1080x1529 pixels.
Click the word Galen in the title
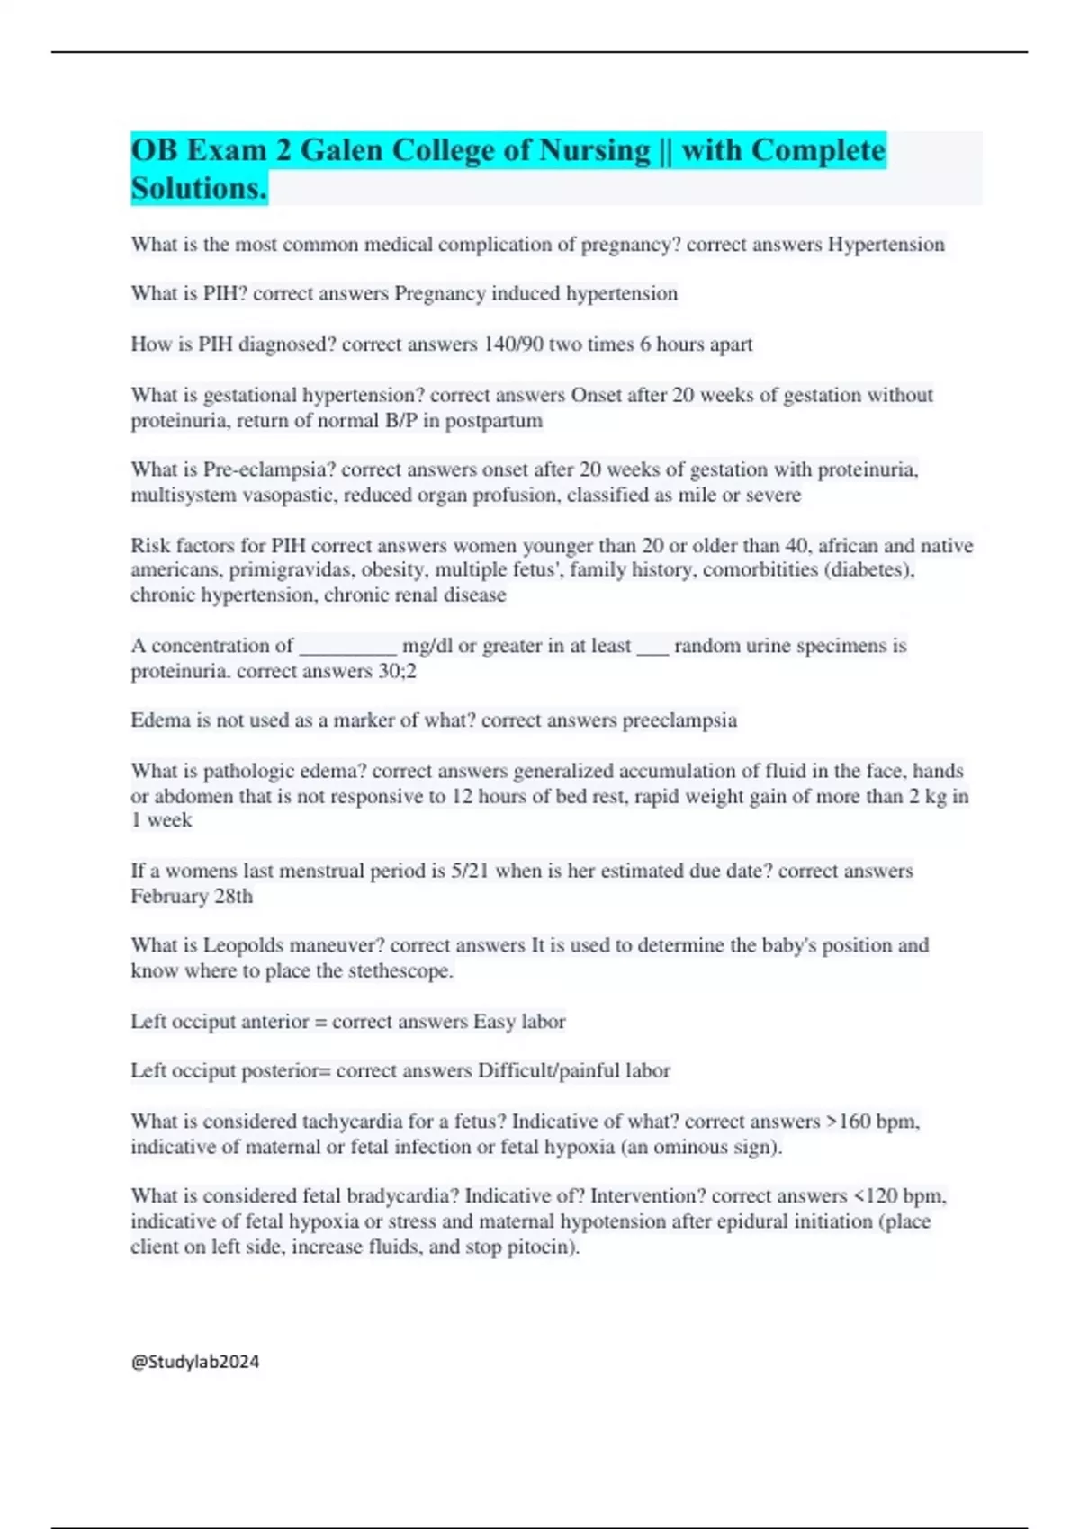[342, 150]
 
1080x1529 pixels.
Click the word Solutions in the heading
[198, 188]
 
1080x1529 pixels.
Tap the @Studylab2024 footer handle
[195, 1362]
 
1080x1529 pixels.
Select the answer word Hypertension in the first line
[886, 245]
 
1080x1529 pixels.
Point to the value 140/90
[513, 344]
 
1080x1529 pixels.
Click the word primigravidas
[299, 569]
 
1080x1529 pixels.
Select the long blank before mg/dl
[347, 646]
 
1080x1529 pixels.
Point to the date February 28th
[192, 897]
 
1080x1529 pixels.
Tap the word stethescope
[400, 971]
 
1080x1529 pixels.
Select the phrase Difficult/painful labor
[573, 1071]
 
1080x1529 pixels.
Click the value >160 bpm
[870, 1122]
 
